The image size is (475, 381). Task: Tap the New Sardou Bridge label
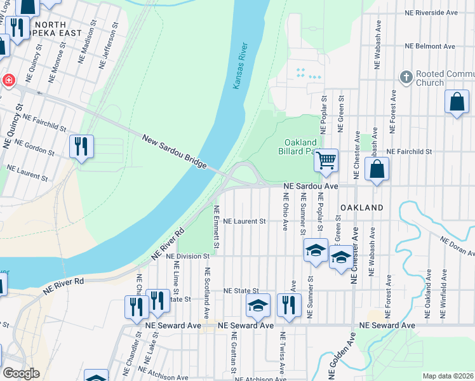point(174,151)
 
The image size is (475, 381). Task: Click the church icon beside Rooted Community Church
point(406,77)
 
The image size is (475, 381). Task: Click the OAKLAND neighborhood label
point(361,208)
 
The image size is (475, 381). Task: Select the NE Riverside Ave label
point(431,12)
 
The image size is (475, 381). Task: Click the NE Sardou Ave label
point(310,186)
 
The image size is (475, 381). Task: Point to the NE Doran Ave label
point(456,244)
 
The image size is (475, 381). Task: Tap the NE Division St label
point(187,256)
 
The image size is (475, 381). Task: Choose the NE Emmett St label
point(216,227)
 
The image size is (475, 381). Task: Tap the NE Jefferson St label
point(108,46)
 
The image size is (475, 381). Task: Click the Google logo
point(21,373)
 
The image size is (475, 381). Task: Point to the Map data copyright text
point(448,376)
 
